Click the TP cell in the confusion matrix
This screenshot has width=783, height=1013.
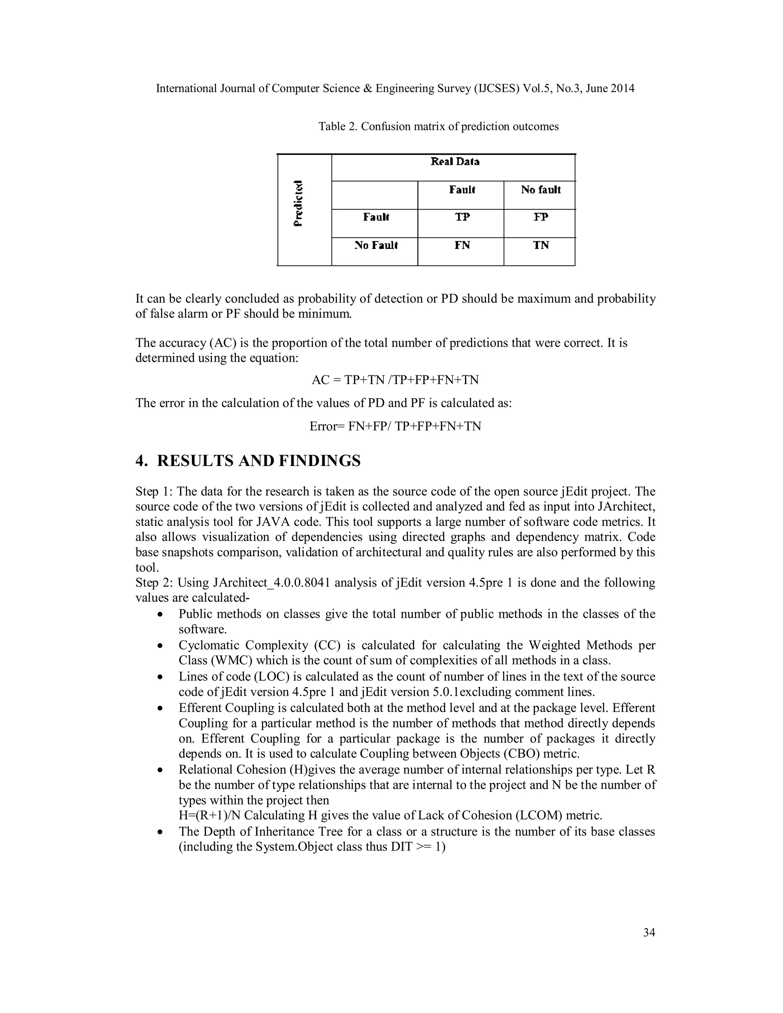click(462, 217)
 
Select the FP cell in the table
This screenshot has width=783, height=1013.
click(541, 217)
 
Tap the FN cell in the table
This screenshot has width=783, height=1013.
click(462, 245)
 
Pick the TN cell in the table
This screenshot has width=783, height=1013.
click(541, 245)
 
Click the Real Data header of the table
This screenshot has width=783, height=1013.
click(455, 162)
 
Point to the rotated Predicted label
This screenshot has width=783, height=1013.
click(299, 203)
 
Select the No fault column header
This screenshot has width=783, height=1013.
click(541, 190)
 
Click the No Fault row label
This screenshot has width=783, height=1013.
click(376, 245)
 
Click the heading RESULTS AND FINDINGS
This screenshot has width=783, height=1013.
click(258, 461)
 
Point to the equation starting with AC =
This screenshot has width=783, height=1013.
click(395, 380)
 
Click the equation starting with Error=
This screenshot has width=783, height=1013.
click(395, 426)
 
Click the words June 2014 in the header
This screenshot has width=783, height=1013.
click(609, 89)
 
